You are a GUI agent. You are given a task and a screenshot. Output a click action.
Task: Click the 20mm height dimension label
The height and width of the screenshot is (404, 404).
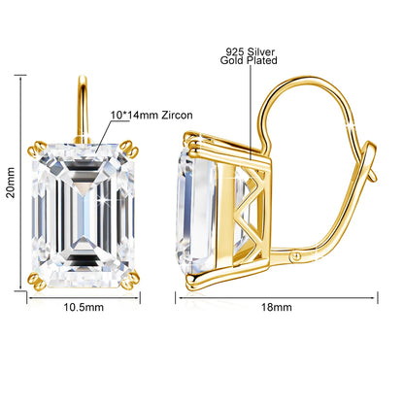[12, 183]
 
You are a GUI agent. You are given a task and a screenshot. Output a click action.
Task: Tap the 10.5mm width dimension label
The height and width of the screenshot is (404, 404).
[84, 307]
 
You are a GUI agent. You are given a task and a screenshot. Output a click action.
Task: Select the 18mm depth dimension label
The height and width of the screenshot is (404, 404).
[277, 307]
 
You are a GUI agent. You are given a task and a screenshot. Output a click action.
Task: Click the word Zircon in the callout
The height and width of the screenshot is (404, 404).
[177, 115]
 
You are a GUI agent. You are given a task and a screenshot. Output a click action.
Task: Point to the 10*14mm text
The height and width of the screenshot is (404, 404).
[134, 115]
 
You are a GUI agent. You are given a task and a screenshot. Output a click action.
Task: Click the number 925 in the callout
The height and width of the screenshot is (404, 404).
[234, 51]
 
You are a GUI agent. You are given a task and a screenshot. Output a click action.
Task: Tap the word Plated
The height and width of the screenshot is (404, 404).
[262, 60]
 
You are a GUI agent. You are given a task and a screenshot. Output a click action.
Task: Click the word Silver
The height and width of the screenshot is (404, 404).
[260, 51]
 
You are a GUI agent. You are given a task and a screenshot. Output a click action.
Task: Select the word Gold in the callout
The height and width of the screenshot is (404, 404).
[232, 60]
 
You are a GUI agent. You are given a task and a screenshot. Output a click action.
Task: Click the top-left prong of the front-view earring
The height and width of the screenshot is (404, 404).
[37, 148]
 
